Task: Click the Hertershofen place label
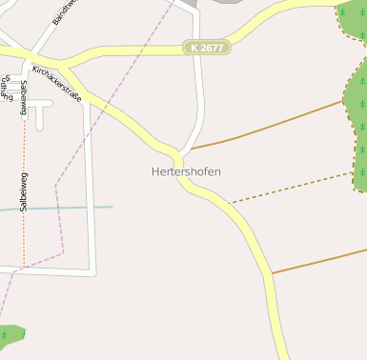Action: point(186,171)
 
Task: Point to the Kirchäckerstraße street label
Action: point(57,83)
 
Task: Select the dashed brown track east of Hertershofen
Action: point(296,187)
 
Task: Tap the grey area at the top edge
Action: point(229,2)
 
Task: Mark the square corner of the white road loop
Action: point(92,272)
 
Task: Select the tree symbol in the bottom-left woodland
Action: point(8,334)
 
